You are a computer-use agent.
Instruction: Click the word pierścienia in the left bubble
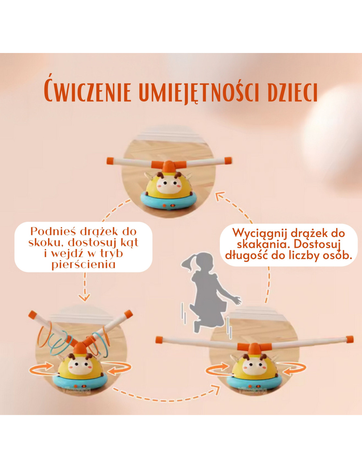pyautogui.click(x=84, y=265)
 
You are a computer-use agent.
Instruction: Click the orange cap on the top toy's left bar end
pyautogui.click(x=110, y=161)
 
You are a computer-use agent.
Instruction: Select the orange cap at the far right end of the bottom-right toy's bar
pyautogui.click(x=349, y=339)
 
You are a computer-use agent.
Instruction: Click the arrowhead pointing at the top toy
pyautogui.click(x=220, y=196)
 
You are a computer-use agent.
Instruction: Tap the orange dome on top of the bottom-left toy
pyautogui.click(x=79, y=349)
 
